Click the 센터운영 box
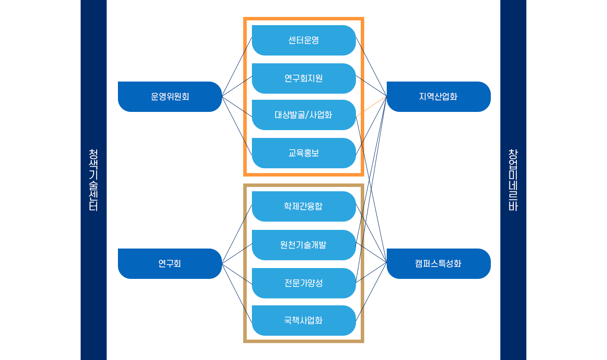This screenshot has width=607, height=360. [x=303, y=40]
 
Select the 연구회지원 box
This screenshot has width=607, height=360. [x=303, y=79]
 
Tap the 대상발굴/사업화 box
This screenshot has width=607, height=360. [x=303, y=115]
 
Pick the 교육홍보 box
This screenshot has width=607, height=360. [x=303, y=153]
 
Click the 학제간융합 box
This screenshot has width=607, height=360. [x=303, y=206]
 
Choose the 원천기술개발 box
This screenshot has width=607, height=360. [x=303, y=245]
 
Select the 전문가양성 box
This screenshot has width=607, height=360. [x=303, y=283]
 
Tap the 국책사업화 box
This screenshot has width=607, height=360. [x=303, y=321]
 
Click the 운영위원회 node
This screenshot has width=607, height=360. [x=170, y=97]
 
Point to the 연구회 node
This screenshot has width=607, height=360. [x=170, y=264]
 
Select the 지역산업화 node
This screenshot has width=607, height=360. [x=438, y=97]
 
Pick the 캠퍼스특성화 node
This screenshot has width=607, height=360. [x=438, y=264]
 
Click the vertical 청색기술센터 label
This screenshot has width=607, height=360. [x=93, y=180]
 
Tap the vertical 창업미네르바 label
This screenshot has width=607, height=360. [x=513, y=180]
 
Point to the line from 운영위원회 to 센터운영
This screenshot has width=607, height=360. [x=237, y=67]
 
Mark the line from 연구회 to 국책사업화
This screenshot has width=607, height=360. [x=237, y=293]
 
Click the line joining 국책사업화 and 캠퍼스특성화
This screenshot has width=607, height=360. [x=371, y=292]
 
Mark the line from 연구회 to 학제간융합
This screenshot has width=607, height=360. [x=237, y=234]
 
